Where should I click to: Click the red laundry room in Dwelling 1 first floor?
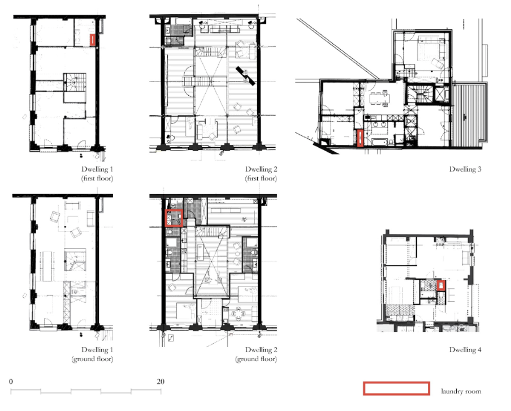click(93, 40)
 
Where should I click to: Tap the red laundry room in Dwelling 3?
click(360, 138)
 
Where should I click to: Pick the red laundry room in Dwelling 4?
click(441, 286)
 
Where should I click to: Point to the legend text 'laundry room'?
click(461, 391)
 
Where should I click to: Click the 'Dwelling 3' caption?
click(465, 169)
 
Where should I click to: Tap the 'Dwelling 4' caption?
click(465, 350)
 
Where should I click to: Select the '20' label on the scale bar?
click(161, 382)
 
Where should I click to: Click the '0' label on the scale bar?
click(11, 382)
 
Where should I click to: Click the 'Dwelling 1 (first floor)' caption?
click(97, 174)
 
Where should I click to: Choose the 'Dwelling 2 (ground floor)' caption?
click(256, 354)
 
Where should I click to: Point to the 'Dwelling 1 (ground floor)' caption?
click(92, 354)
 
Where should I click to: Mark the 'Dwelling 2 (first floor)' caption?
click(261, 174)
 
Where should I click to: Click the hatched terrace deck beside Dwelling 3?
click(469, 114)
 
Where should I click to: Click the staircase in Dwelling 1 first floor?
click(75, 82)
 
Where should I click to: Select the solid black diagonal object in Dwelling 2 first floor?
click(245, 76)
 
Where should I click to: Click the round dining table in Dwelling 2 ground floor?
click(238, 315)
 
